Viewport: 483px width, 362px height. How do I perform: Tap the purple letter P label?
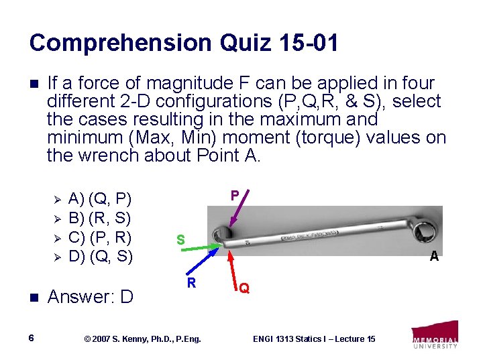[x=235, y=195]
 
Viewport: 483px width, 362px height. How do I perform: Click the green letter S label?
[x=180, y=239]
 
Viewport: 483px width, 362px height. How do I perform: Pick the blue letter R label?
[x=191, y=283]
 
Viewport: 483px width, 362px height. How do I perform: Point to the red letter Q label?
[x=245, y=288]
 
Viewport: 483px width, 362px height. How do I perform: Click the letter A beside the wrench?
[x=434, y=255]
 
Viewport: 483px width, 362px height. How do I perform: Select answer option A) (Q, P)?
[x=100, y=198]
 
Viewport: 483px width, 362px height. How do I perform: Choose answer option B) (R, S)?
[x=100, y=218]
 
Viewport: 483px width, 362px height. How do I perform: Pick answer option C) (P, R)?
[x=100, y=237]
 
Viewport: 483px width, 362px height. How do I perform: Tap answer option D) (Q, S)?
[x=100, y=255]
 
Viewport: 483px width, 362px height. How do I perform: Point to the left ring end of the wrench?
[x=221, y=237]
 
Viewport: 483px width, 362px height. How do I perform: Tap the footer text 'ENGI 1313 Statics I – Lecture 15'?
[x=314, y=339]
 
